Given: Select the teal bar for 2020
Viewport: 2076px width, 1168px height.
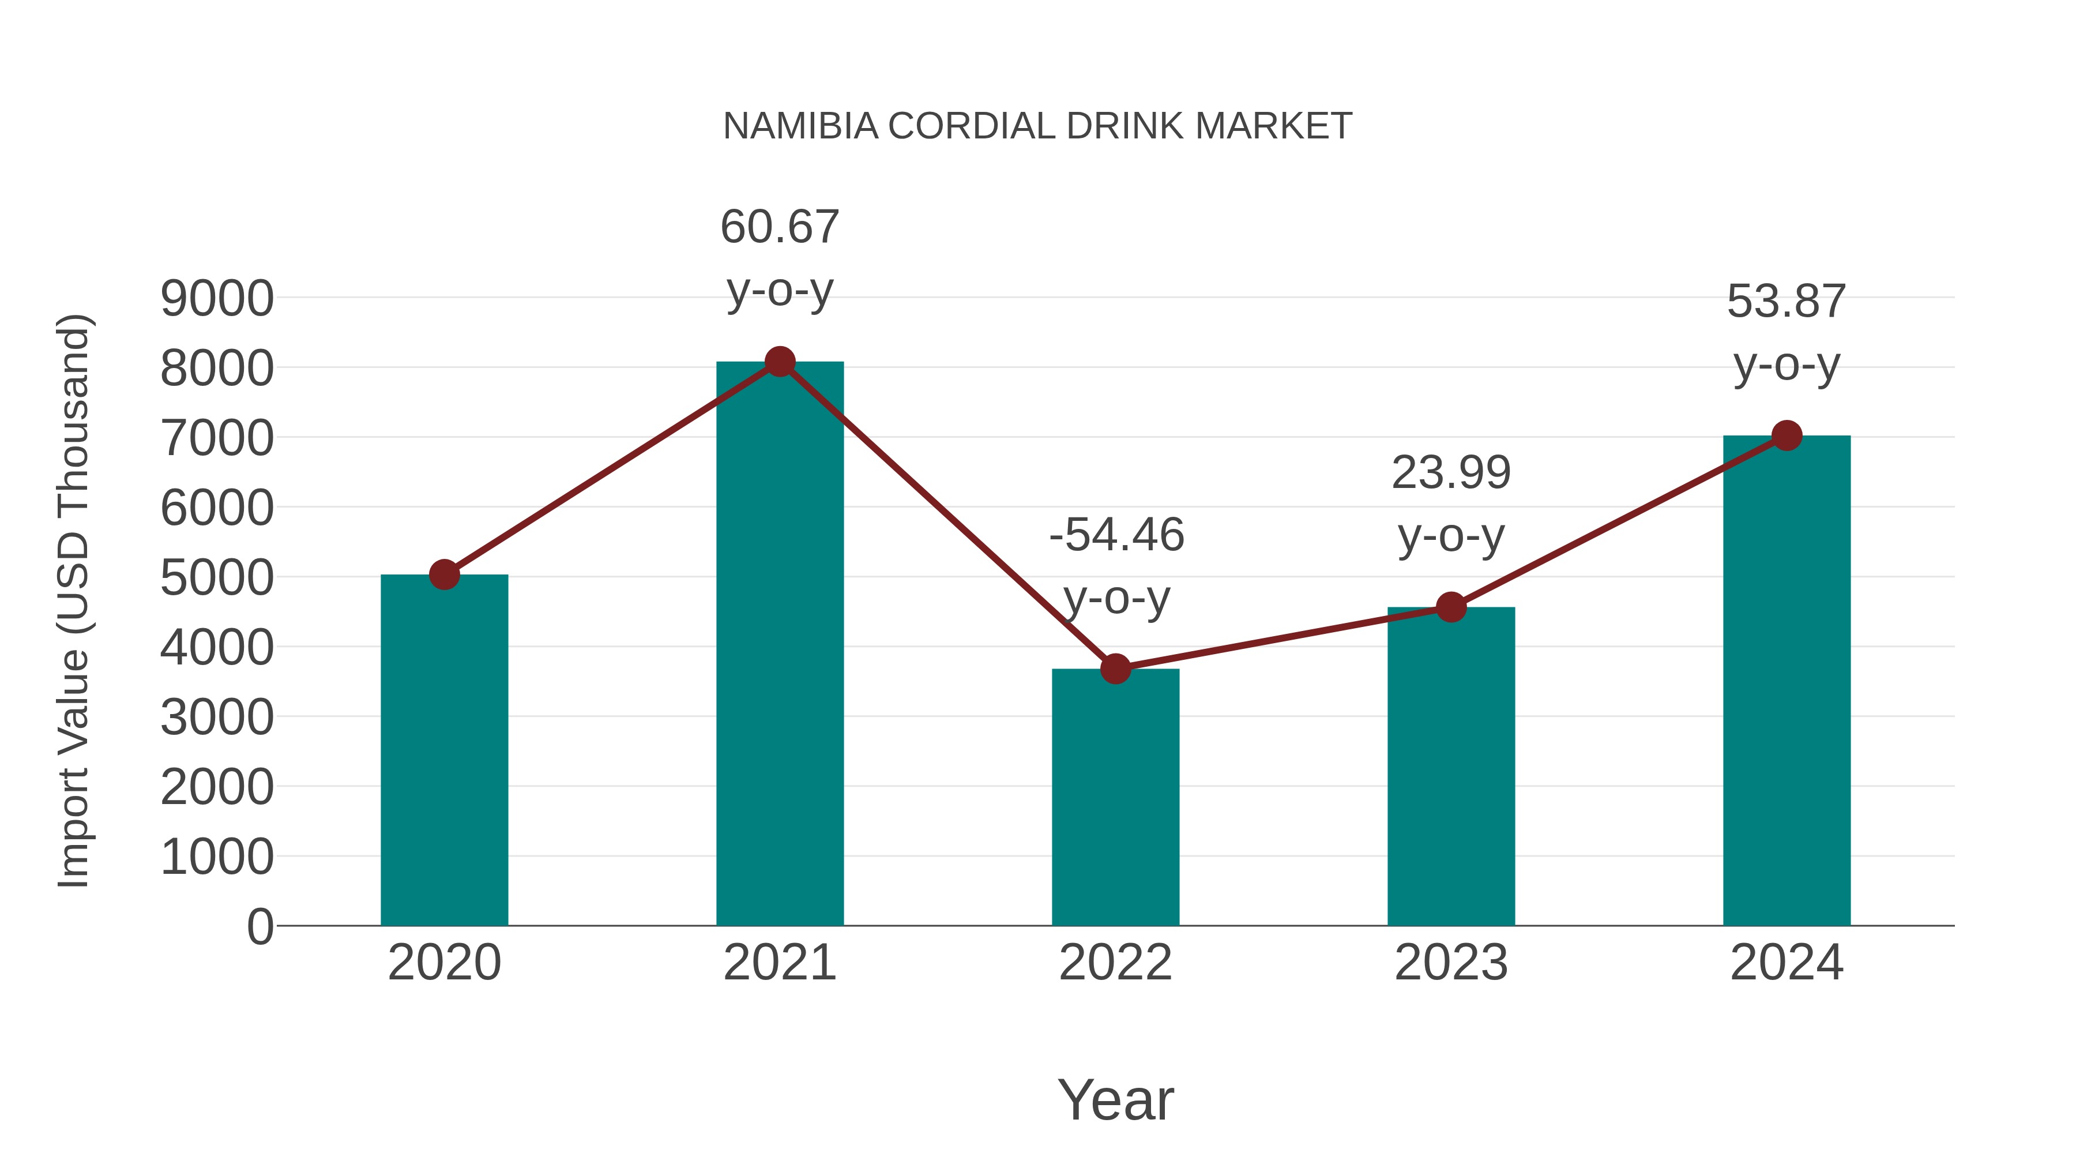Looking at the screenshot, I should [x=444, y=750].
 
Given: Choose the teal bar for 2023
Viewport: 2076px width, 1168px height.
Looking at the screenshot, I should [x=1451, y=766].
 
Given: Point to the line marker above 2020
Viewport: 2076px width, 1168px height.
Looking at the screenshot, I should [x=444, y=574].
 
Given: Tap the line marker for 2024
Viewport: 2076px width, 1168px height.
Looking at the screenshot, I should [x=1787, y=435].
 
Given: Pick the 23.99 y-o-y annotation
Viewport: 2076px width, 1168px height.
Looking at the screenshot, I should [x=1451, y=503].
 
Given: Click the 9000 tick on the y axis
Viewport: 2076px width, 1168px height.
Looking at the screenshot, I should [x=217, y=299].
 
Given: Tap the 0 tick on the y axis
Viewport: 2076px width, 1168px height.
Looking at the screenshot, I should [x=259, y=926].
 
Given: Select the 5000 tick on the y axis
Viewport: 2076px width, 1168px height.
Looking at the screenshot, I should [x=217, y=578].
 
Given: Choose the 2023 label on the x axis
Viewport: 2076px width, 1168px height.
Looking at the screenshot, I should [x=1451, y=963].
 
